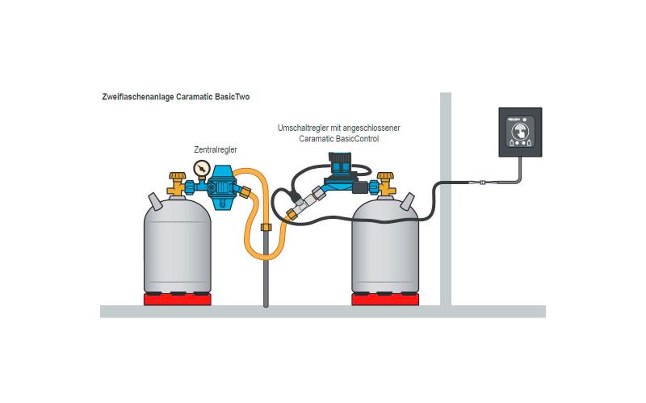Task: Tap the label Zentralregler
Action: point(216,149)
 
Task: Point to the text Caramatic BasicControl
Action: point(338,139)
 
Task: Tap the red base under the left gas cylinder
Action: point(177,300)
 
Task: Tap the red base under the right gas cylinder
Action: point(384,300)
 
